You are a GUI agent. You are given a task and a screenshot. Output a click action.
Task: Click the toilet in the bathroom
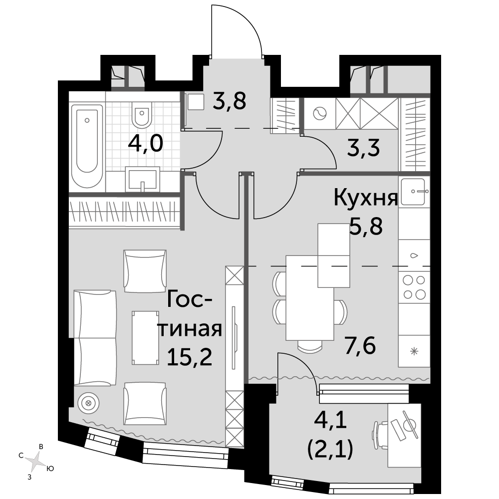click(142, 115)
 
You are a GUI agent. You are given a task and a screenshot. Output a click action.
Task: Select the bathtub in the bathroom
click(87, 146)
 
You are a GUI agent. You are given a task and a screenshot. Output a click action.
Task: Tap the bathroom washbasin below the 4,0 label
click(142, 179)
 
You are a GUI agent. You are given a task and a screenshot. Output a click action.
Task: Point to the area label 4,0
click(145, 144)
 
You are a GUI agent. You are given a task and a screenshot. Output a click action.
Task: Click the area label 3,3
click(363, 148)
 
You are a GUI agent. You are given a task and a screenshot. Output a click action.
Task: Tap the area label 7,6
click(360, 346)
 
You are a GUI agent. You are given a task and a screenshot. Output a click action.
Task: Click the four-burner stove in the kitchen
click(414, 287)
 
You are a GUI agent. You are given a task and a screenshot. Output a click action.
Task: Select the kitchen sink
click(414, 192)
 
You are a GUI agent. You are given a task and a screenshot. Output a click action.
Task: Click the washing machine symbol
click(320, 113)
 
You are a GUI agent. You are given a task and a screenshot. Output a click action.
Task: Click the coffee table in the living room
click(145, 338)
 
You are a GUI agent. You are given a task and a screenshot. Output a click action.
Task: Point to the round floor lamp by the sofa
click(88, 403)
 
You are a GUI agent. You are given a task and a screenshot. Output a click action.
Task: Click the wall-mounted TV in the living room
click(235, 338)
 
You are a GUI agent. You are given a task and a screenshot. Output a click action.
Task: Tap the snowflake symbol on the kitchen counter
click(414, 351)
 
